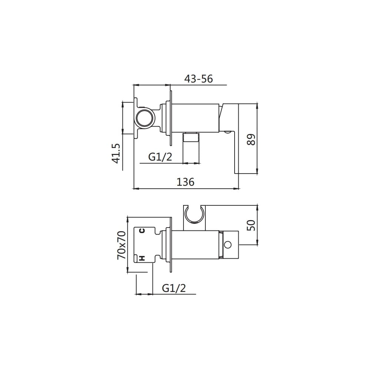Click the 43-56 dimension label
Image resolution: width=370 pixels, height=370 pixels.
(x=198, y=78)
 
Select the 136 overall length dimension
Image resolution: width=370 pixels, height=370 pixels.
(x=185, y=182)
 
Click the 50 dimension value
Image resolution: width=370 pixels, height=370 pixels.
(x=251, y=225)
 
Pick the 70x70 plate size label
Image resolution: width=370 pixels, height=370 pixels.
(x=121, y=245)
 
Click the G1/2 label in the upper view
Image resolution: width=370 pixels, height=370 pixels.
(x=160, y=157)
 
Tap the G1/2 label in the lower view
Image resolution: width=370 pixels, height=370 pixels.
(x=174, y=288)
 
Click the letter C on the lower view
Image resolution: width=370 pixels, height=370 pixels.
(x=142, y=231)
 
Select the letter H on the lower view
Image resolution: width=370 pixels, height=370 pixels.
(x=142, y=258)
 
